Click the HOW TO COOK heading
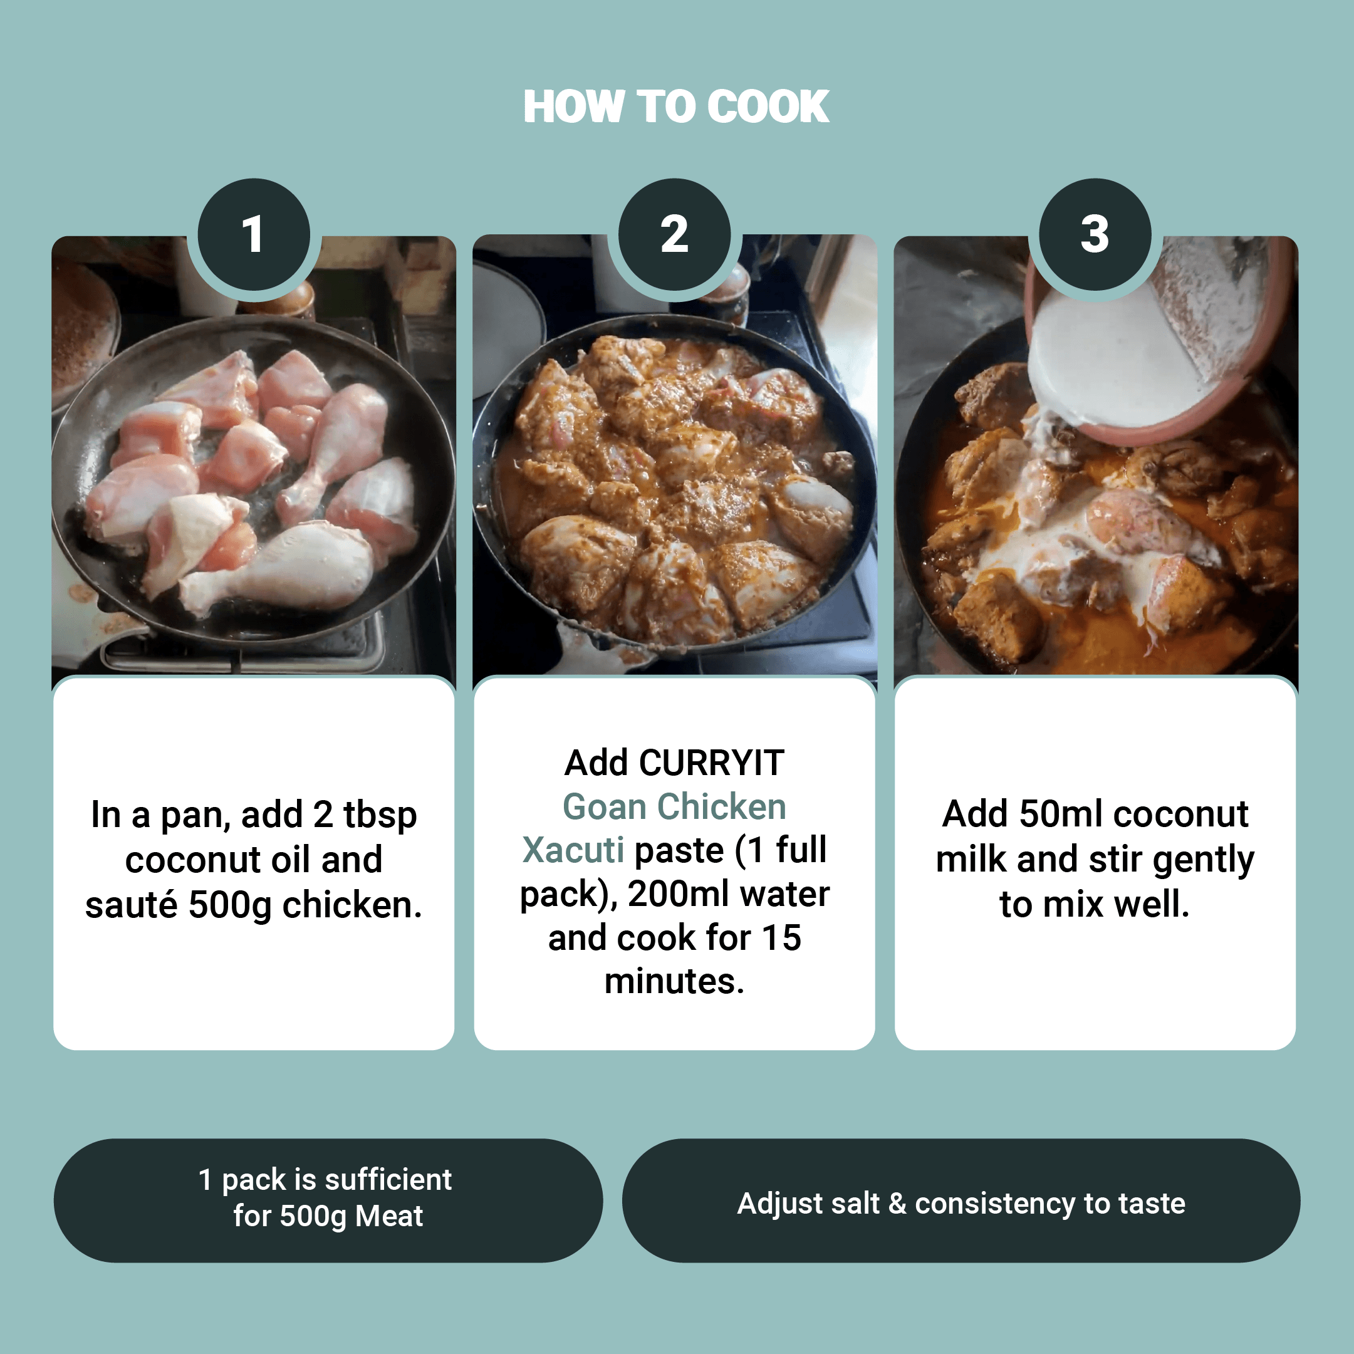click(676, 107)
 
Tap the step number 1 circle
click(254, 234)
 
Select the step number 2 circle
click(674, 234)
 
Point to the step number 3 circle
click(1095, 234)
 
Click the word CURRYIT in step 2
click(711, 763)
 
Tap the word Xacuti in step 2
click(573, 851)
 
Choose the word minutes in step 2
click(674, 982)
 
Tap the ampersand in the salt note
click(897, 1204)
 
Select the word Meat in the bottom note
click(389, 1217)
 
